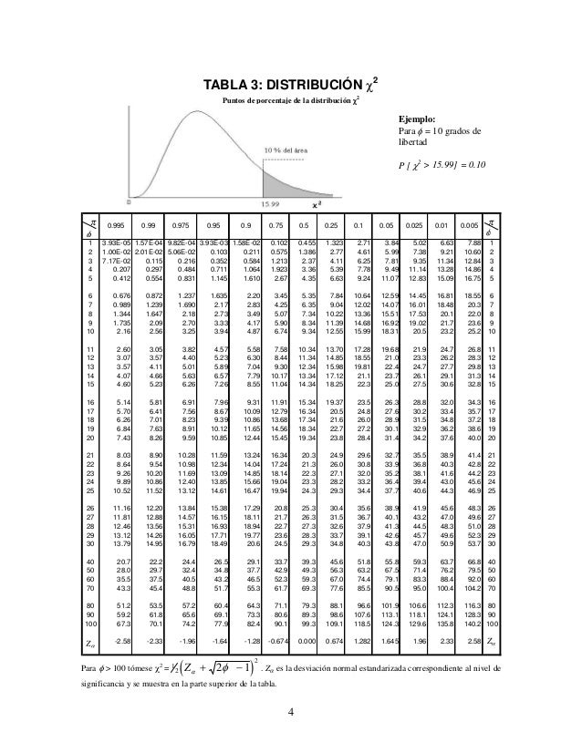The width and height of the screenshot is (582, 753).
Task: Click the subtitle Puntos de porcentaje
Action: pos(279,100)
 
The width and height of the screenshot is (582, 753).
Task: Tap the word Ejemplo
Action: pos(416,119)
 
